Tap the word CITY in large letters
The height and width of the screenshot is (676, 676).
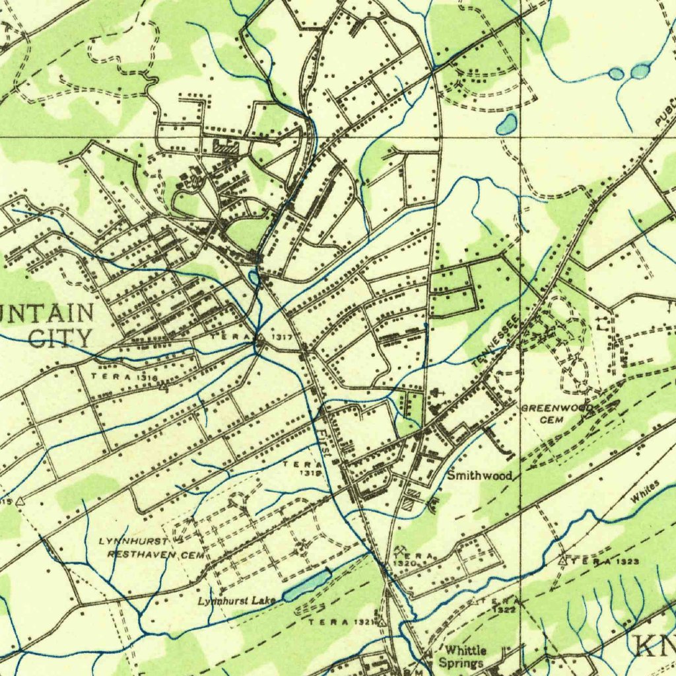(61, 338)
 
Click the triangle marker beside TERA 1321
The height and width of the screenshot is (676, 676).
(382, 623)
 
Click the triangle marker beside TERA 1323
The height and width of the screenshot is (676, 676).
(562, 560)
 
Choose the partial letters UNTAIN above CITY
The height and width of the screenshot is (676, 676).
(46, 312)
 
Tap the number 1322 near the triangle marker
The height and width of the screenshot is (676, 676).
(505, 610)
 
